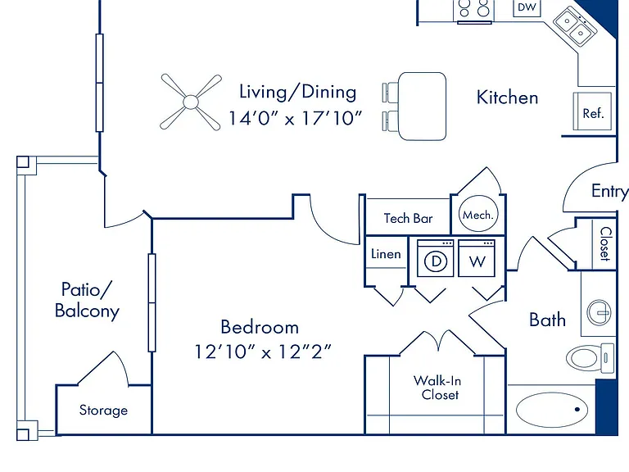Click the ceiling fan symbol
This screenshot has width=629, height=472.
tap(191, 102)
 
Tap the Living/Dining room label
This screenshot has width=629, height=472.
tap(297, 92)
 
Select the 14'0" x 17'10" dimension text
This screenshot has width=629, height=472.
tap(295, 118)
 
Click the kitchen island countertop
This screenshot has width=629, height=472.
tap(423, 107)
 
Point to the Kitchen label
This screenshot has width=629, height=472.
tap(508, 98)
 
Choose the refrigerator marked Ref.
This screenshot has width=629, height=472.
tap(592, 111)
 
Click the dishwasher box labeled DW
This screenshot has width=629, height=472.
tap(527, 7)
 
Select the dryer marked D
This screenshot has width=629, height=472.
tap(436, 258)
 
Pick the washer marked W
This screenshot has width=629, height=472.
tap(477, 258)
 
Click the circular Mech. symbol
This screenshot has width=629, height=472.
tap(478, 214)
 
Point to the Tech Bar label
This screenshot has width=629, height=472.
tap(408, 218)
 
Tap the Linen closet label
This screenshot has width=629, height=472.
tap(386, 254)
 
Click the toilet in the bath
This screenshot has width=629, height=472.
tap(590, 357)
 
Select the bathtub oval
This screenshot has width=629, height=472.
tap(552, 410)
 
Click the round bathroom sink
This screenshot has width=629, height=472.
tap(599, 312)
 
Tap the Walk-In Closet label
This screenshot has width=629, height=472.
tap(438, 388)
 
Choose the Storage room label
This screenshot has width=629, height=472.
tap(103, 411)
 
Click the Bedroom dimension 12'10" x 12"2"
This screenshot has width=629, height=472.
tap(263, 352)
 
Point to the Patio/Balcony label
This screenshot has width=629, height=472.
tap(87, 300)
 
